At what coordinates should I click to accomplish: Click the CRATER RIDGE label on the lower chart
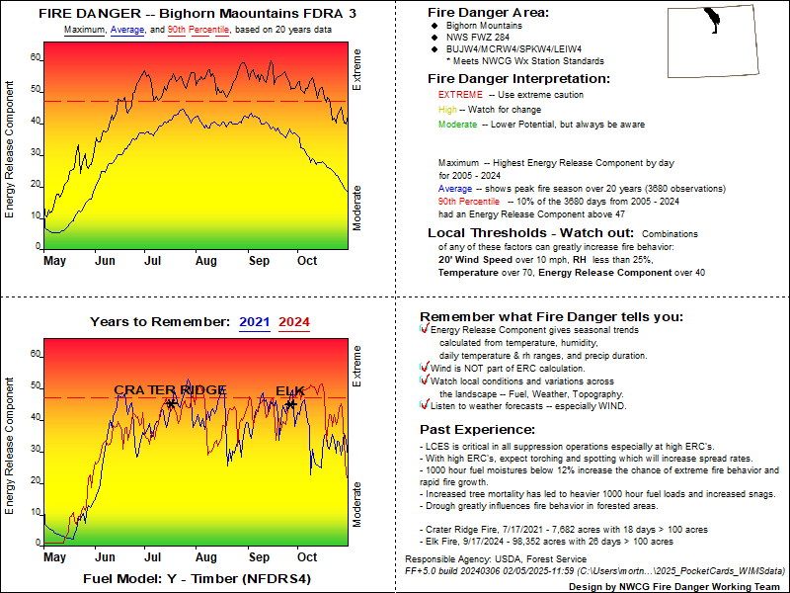click(x=170, y=390)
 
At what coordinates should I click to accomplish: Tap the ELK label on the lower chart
click(x=290, y=390)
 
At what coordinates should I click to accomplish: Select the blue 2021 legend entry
click(x=254, y=321)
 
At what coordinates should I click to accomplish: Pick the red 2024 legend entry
click(x=294, y=321)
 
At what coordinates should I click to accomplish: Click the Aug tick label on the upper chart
click(x=205, y=262)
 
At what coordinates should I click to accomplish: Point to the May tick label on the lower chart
click(x=54, y=558)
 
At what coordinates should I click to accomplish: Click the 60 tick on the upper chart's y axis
click(x=36, y=57)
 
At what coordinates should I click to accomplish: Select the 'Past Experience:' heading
click(x=477, y=430)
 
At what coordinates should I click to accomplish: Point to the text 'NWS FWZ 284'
click(x=478, y=36)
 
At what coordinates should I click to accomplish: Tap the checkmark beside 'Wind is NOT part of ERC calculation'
click(x=425, y=368)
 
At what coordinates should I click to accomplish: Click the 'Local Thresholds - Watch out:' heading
click(x=522, y=233)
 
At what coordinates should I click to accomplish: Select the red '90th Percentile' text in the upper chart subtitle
click(x=198, y=31)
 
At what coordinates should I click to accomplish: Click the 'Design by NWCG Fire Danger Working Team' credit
click(x=678, y=585)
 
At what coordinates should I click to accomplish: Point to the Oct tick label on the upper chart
click(x=307, y=262)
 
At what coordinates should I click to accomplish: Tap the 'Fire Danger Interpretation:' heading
click(x=518, y=78)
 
